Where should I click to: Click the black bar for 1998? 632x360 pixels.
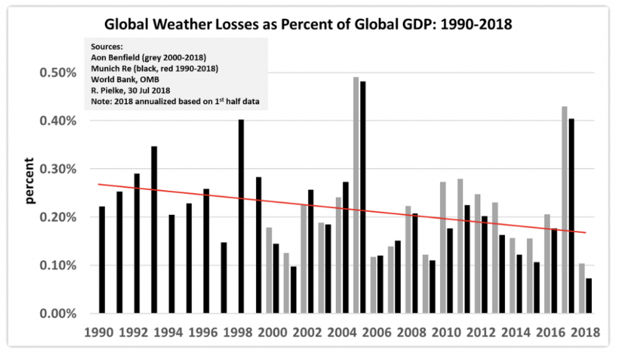(x=241, y=216)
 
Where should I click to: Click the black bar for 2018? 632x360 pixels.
(x=589, y=296)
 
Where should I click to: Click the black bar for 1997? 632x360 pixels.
(x=224, y=278)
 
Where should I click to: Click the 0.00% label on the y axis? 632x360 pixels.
(x=57, y=314)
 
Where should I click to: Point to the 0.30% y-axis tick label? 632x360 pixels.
(x=57, y=169)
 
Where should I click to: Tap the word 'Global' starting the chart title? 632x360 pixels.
(x=125, y=25)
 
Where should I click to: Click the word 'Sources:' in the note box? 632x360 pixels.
(x=106, y=46)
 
